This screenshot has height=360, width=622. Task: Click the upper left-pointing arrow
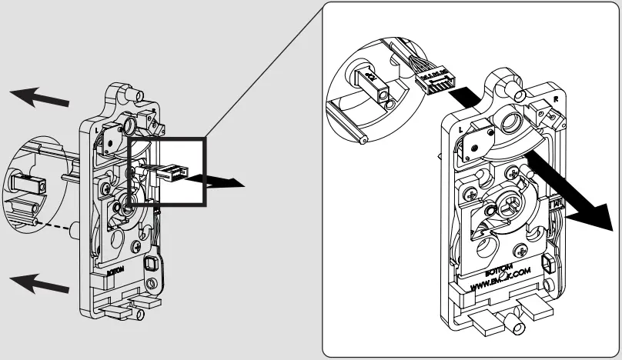(x=38, y=98)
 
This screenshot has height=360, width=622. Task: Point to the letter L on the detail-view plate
(x=460, y=131)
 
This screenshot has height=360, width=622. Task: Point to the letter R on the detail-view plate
(x=556, y=100)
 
